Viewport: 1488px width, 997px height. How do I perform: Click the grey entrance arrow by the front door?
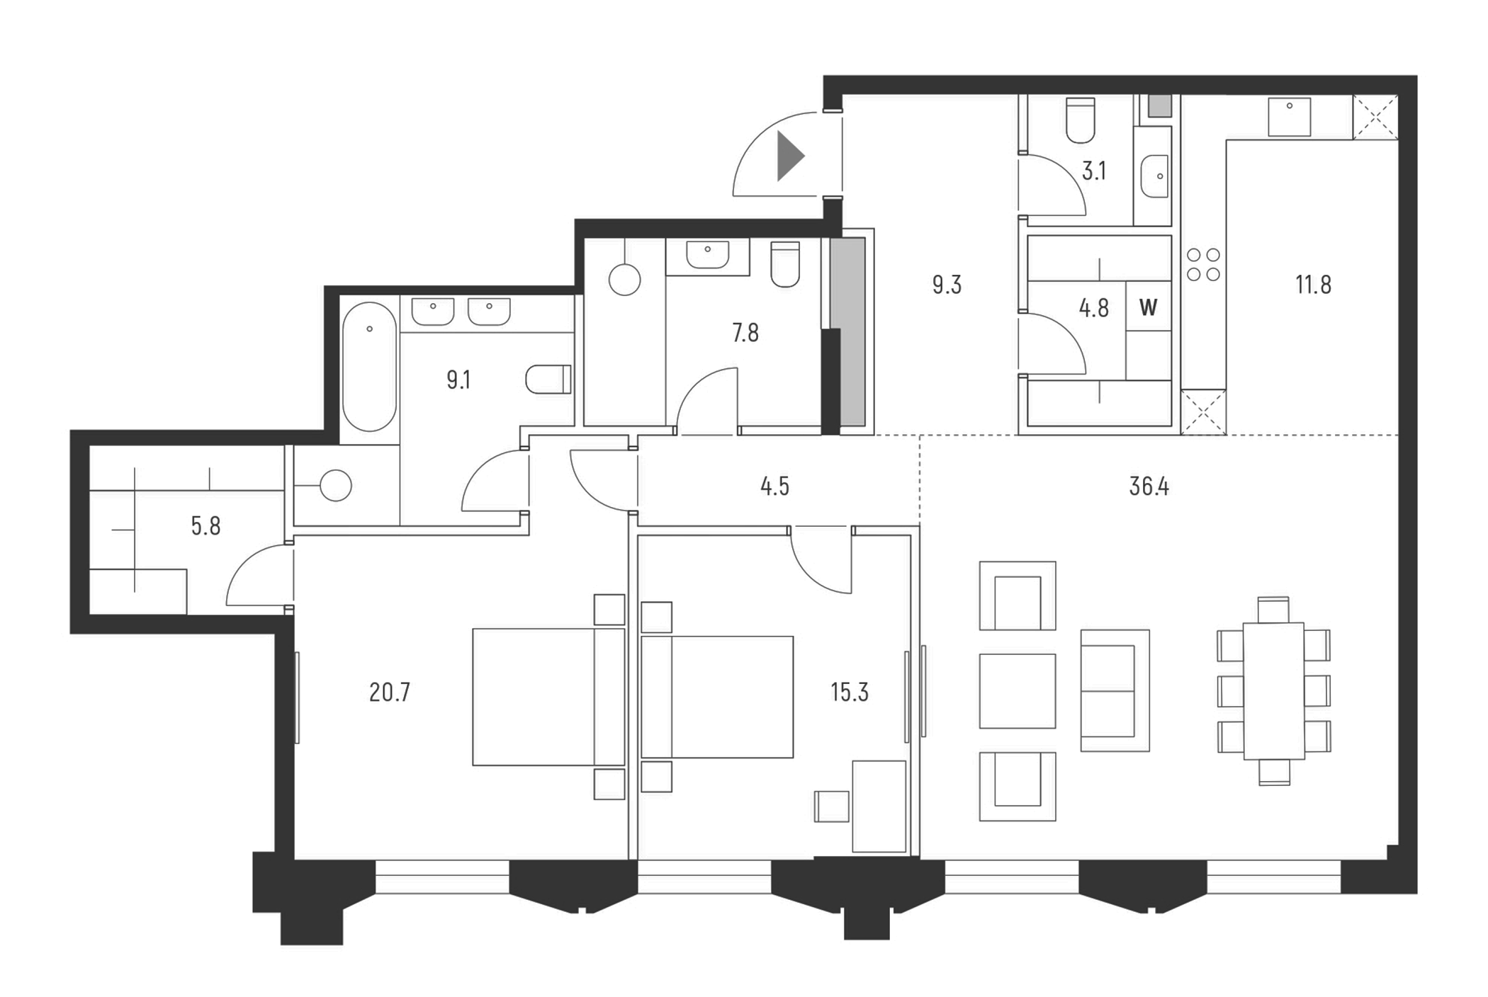coord(788,156)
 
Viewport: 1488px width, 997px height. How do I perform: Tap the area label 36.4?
coord(1149,486)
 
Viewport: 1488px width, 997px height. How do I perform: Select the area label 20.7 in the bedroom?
coord(389,692)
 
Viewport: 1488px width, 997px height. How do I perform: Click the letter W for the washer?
coord(1148,307)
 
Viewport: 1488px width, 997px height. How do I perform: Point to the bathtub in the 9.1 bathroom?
coord(369,367)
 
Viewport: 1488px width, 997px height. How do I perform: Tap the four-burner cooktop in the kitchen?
coord(1203,264)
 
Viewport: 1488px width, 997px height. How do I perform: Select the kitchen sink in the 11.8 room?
coord(1289,116)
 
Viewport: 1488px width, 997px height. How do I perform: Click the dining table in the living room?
coord(1273,690)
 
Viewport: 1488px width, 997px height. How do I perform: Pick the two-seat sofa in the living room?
coord(1114,690)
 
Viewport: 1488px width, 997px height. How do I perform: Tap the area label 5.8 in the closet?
coord(205,526)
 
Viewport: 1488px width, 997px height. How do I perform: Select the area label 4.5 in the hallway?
coord(774,486)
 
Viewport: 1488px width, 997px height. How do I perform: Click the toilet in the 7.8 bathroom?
coord(784,265)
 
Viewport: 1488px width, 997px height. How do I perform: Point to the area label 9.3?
coord(947,285)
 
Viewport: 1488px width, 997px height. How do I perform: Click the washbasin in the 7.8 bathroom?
coord(707,256)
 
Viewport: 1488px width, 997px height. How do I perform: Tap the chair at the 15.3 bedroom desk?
coord(832,806)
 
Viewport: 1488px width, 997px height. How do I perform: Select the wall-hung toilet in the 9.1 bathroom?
coord(548,380)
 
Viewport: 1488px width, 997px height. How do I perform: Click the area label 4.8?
coord(1093,308)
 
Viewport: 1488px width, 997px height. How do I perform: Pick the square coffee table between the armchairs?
coord(1017,691)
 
